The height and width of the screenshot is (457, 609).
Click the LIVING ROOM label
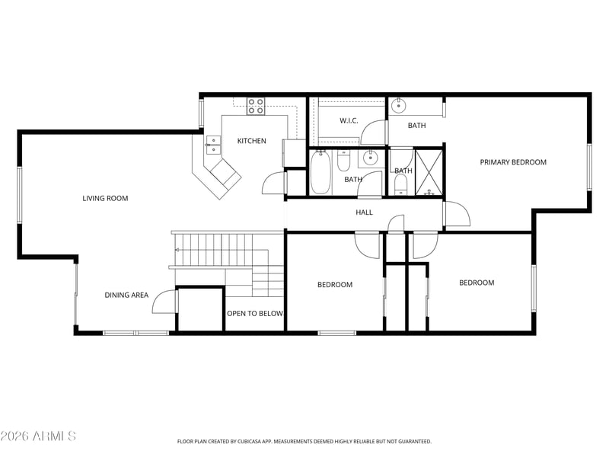coord(105,198)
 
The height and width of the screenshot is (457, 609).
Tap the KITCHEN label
coord(252,141)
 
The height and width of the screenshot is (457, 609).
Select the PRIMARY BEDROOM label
coord(513,162)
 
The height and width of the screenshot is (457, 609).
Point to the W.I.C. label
coord(349,120)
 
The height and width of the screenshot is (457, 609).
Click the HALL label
coord(365,213)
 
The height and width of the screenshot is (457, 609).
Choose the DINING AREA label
coord(126,295)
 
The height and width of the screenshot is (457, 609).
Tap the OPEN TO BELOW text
coord(255,313)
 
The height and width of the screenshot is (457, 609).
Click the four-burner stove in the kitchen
coord(256,106)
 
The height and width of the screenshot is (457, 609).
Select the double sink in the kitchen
coord(213,145)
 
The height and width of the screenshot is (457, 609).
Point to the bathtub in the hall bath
coord(320,173)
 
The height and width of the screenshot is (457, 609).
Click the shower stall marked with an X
coord(429,172)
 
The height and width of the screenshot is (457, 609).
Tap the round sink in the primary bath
coord(398,105)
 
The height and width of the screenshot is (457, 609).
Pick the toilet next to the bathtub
coord(344,161)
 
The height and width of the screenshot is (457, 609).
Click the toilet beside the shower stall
coord(400,184)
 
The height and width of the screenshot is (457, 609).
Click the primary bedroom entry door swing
coord(458,214)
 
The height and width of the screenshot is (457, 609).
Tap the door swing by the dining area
coord(164,302)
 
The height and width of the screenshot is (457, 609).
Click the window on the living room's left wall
coord(19,196)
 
